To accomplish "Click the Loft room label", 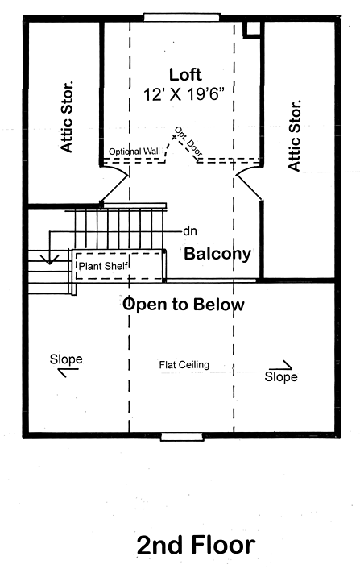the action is [185, 75].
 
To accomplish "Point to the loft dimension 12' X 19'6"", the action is [184, 94].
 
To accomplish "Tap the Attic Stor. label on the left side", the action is [67, 117].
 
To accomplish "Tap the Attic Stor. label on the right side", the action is [294, 135].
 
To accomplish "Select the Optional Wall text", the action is [134, 152].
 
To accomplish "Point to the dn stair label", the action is [190, 231].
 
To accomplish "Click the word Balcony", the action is [217, 254].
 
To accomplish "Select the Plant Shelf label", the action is [103, 266].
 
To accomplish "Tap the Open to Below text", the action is [184, 304].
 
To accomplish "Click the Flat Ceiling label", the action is [184, 365].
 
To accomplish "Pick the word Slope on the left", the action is [66, 359].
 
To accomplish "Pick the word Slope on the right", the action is [281, 377].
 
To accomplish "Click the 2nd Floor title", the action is [196, 546].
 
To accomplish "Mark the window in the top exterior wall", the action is [182, 17].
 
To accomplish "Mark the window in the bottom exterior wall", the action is [182, 436].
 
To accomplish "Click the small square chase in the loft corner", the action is [252, 29].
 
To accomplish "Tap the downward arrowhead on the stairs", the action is [50, 259].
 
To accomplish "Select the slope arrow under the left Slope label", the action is [68, 372].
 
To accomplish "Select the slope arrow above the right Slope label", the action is [282, 365].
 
